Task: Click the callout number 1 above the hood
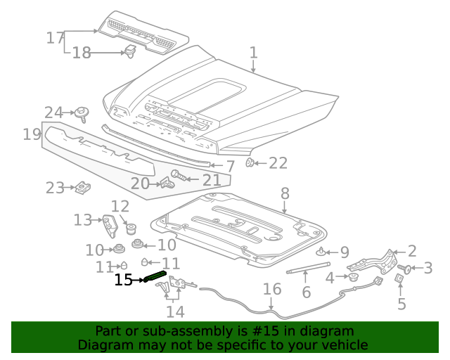pos(253,53)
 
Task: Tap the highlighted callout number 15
pos(123,280)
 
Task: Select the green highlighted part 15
pos(155,276)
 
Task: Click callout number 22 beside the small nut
pos(278,163)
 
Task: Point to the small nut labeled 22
pos(250,163)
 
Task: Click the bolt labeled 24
pos(82,112)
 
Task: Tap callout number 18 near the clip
pos(82,53)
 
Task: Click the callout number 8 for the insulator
pos(285,193)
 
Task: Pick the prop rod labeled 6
pos(307,267)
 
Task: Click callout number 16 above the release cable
pos(272,289)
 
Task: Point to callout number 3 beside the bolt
pos(427,267)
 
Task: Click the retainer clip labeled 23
pos(82,187)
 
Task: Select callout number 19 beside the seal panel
pos(31,134)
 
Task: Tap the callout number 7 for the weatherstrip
pos(230,167)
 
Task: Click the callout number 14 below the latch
pos(175,311)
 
